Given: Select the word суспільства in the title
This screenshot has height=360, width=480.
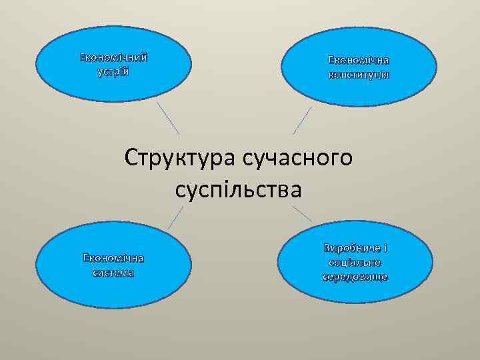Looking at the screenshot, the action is coord(239,190).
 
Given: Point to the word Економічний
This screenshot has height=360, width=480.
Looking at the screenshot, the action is coord(113,57).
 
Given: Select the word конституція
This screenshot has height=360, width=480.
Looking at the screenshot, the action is coord(359,73).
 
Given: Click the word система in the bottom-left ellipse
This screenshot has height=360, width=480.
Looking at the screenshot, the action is coord(113,273).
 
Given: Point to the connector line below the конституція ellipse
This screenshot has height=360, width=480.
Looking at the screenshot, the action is coord(302,120).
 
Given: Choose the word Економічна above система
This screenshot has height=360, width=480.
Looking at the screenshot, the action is coord(113,259).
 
